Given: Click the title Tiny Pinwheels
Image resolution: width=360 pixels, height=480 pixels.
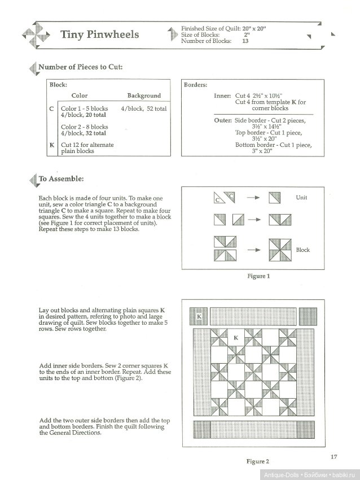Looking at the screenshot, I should [x=99, y=35].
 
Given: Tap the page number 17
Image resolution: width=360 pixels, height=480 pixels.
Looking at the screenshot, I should [x=334, y=442].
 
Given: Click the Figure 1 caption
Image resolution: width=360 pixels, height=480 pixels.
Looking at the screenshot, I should [x=259, y=276].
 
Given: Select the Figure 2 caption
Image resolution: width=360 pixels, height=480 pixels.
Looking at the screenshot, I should [x=259, y=461].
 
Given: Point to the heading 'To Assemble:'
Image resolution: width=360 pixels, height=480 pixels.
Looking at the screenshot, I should [x=60, y=179].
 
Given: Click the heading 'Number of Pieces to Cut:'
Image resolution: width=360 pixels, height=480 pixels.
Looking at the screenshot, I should [x=80, y=67].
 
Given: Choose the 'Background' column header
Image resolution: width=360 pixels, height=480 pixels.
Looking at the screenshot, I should [x=144, y=95].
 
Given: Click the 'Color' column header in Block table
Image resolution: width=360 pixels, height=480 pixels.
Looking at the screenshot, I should [x=80, y=95].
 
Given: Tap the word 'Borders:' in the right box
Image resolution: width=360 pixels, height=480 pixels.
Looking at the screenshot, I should [x=196, y=85].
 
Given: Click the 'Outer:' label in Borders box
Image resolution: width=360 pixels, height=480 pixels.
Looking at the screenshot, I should [x=222, y=121].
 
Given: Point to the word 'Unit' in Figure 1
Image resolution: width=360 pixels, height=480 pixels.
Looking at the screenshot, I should [x=302, y=198].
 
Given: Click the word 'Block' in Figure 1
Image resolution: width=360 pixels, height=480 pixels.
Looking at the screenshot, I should [x=303, y=250].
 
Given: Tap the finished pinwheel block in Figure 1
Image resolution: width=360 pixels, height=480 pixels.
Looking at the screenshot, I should [x=280, y=249].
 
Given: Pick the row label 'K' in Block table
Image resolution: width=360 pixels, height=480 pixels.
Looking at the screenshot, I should [x=52, y=145].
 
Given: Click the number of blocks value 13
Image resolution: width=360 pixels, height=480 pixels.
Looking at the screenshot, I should [x=245, y=41].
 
